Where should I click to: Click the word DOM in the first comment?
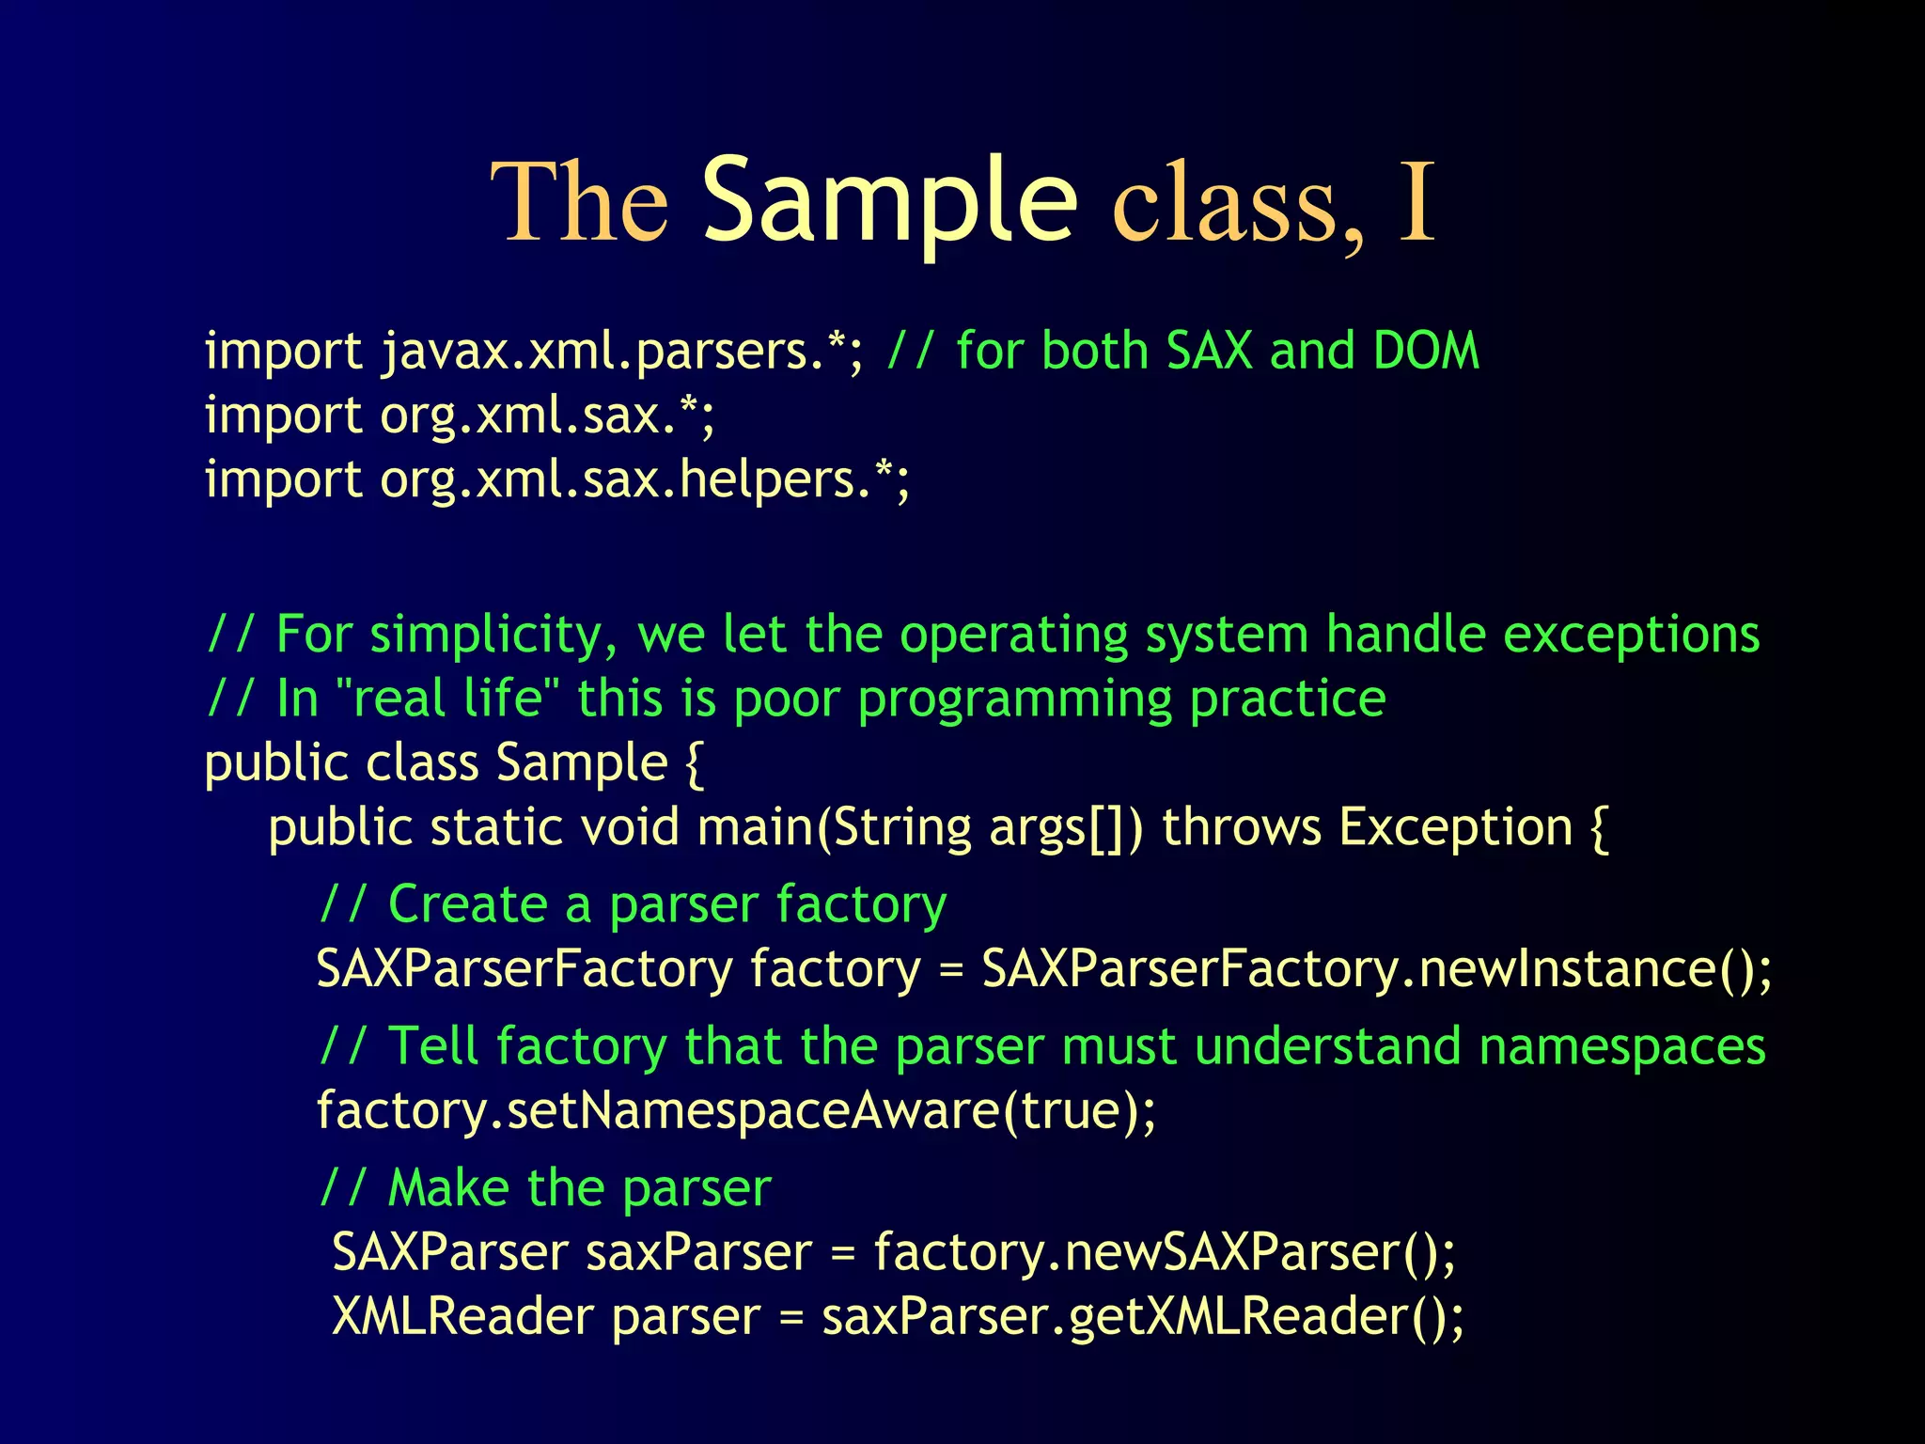tap(1425, 351)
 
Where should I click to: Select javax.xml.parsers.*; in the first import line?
tap(621, 353)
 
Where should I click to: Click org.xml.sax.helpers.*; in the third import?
tap(645, 479)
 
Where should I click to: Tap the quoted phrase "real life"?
tap(446, 698)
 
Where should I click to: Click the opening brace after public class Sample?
tap(695, 763)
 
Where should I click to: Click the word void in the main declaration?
tap(629, 828)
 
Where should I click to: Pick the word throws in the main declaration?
tap(1242, 828)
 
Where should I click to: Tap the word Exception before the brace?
tap(1455, 828)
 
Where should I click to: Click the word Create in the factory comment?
tap(467, 904)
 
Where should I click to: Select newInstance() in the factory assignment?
tap(1593, 968)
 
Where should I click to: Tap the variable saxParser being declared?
tap(698, 1253)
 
